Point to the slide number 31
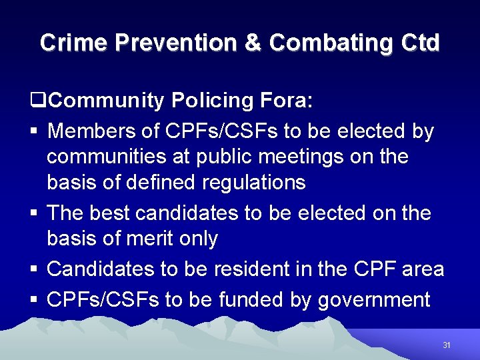coord(447,345)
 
